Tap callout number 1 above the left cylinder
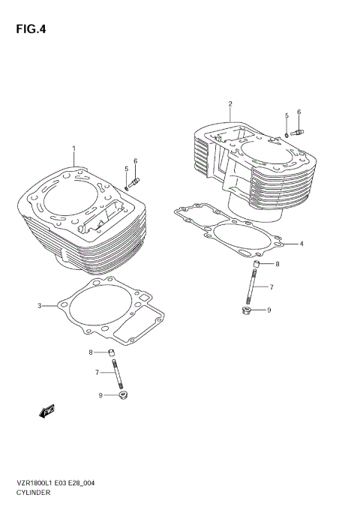pyautogui.click(x=73, y=148)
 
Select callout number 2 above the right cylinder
pyautogui.click(x=230, y=103)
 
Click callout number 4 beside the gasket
pyautogui.click(x=301, y=244)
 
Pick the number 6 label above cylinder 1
pyautogui.click(x=136, y=161)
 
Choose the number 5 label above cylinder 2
pyautogui.click(x=286, y=115)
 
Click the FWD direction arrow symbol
pyautogui.click(x=45, y=410)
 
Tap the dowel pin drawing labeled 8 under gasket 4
pyautogui.click(x=255, y=265)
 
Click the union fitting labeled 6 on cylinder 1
pyautogui.click(x=134, y=181)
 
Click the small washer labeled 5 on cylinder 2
pyautogui.click(x=286, y=136)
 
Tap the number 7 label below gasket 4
pyautogui.click(x=271, y=287)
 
